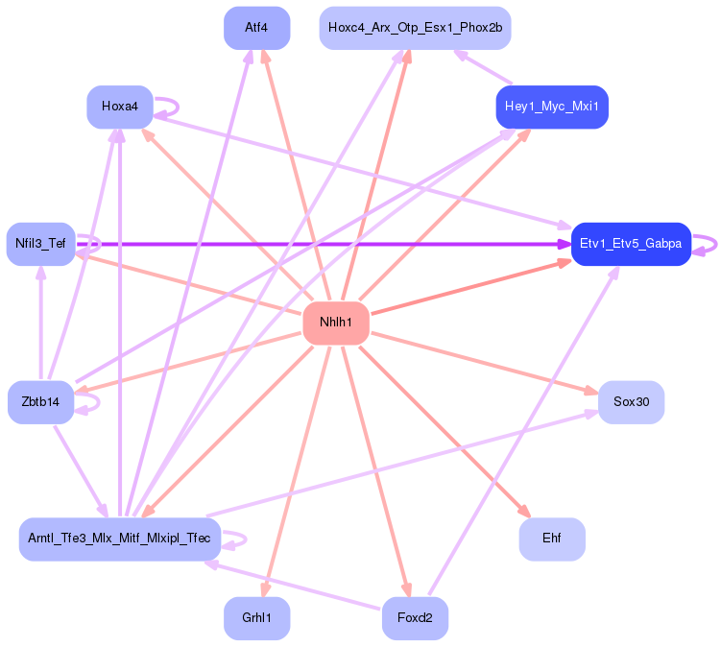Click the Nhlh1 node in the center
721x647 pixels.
[x=336, y=323]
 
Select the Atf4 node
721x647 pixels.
[x=256, y=28]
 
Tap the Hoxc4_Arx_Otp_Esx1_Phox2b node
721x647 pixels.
[x=415, y=28]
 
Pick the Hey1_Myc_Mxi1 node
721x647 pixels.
[x=552, y=107]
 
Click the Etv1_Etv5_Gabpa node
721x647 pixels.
[x=631, y=244]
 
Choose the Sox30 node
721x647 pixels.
[x=632, y=402]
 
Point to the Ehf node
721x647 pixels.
[x=552, y=539]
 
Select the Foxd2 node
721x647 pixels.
[x=415, y=618]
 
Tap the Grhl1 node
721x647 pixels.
[x=256, y=618]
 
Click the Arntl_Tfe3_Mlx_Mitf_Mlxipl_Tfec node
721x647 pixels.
[x=120, y=539]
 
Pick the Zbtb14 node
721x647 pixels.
[x=41, y=402]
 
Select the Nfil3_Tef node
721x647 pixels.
[x=41, y=244]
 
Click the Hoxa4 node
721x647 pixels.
[x=120, y=107]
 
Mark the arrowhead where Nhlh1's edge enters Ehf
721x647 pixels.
[x=525, y=512]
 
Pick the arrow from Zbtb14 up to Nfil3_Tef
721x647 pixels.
[x=41, y=323]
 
